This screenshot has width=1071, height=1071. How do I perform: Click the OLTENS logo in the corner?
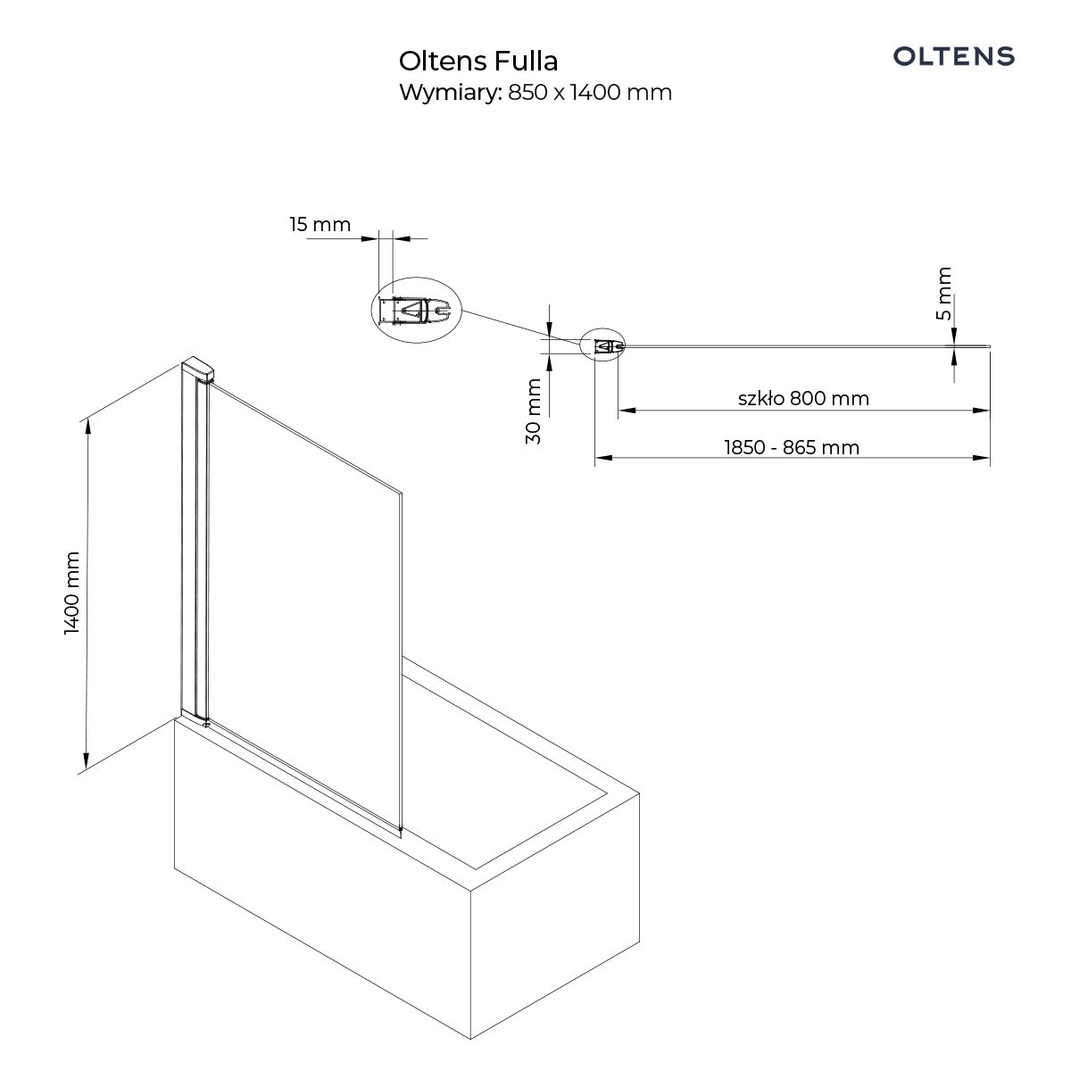click(953, 56)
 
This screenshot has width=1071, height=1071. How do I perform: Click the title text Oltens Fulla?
click(478, 62)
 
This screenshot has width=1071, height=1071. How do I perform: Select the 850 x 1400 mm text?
click(590, 92)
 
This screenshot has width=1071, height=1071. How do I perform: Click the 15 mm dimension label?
click(320, 225)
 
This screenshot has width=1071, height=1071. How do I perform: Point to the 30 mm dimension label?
click(533, 411)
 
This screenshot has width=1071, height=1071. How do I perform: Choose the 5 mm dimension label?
click(944, 293)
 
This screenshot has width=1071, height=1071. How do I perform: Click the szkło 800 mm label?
click(803, 398)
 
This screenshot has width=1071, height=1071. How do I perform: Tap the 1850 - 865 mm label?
click(792, 447)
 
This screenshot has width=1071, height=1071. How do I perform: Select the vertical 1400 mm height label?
click(72, 593)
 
